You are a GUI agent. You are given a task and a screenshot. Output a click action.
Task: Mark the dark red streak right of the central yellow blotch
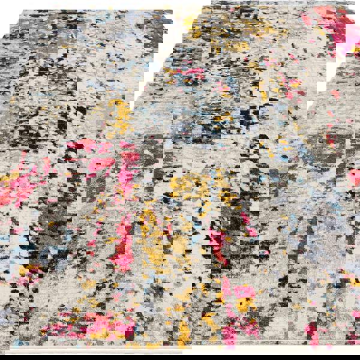pyautogui.click(x=216, y=246)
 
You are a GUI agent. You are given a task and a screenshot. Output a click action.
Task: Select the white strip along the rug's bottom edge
pyautogui.click(x=180, y=354)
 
